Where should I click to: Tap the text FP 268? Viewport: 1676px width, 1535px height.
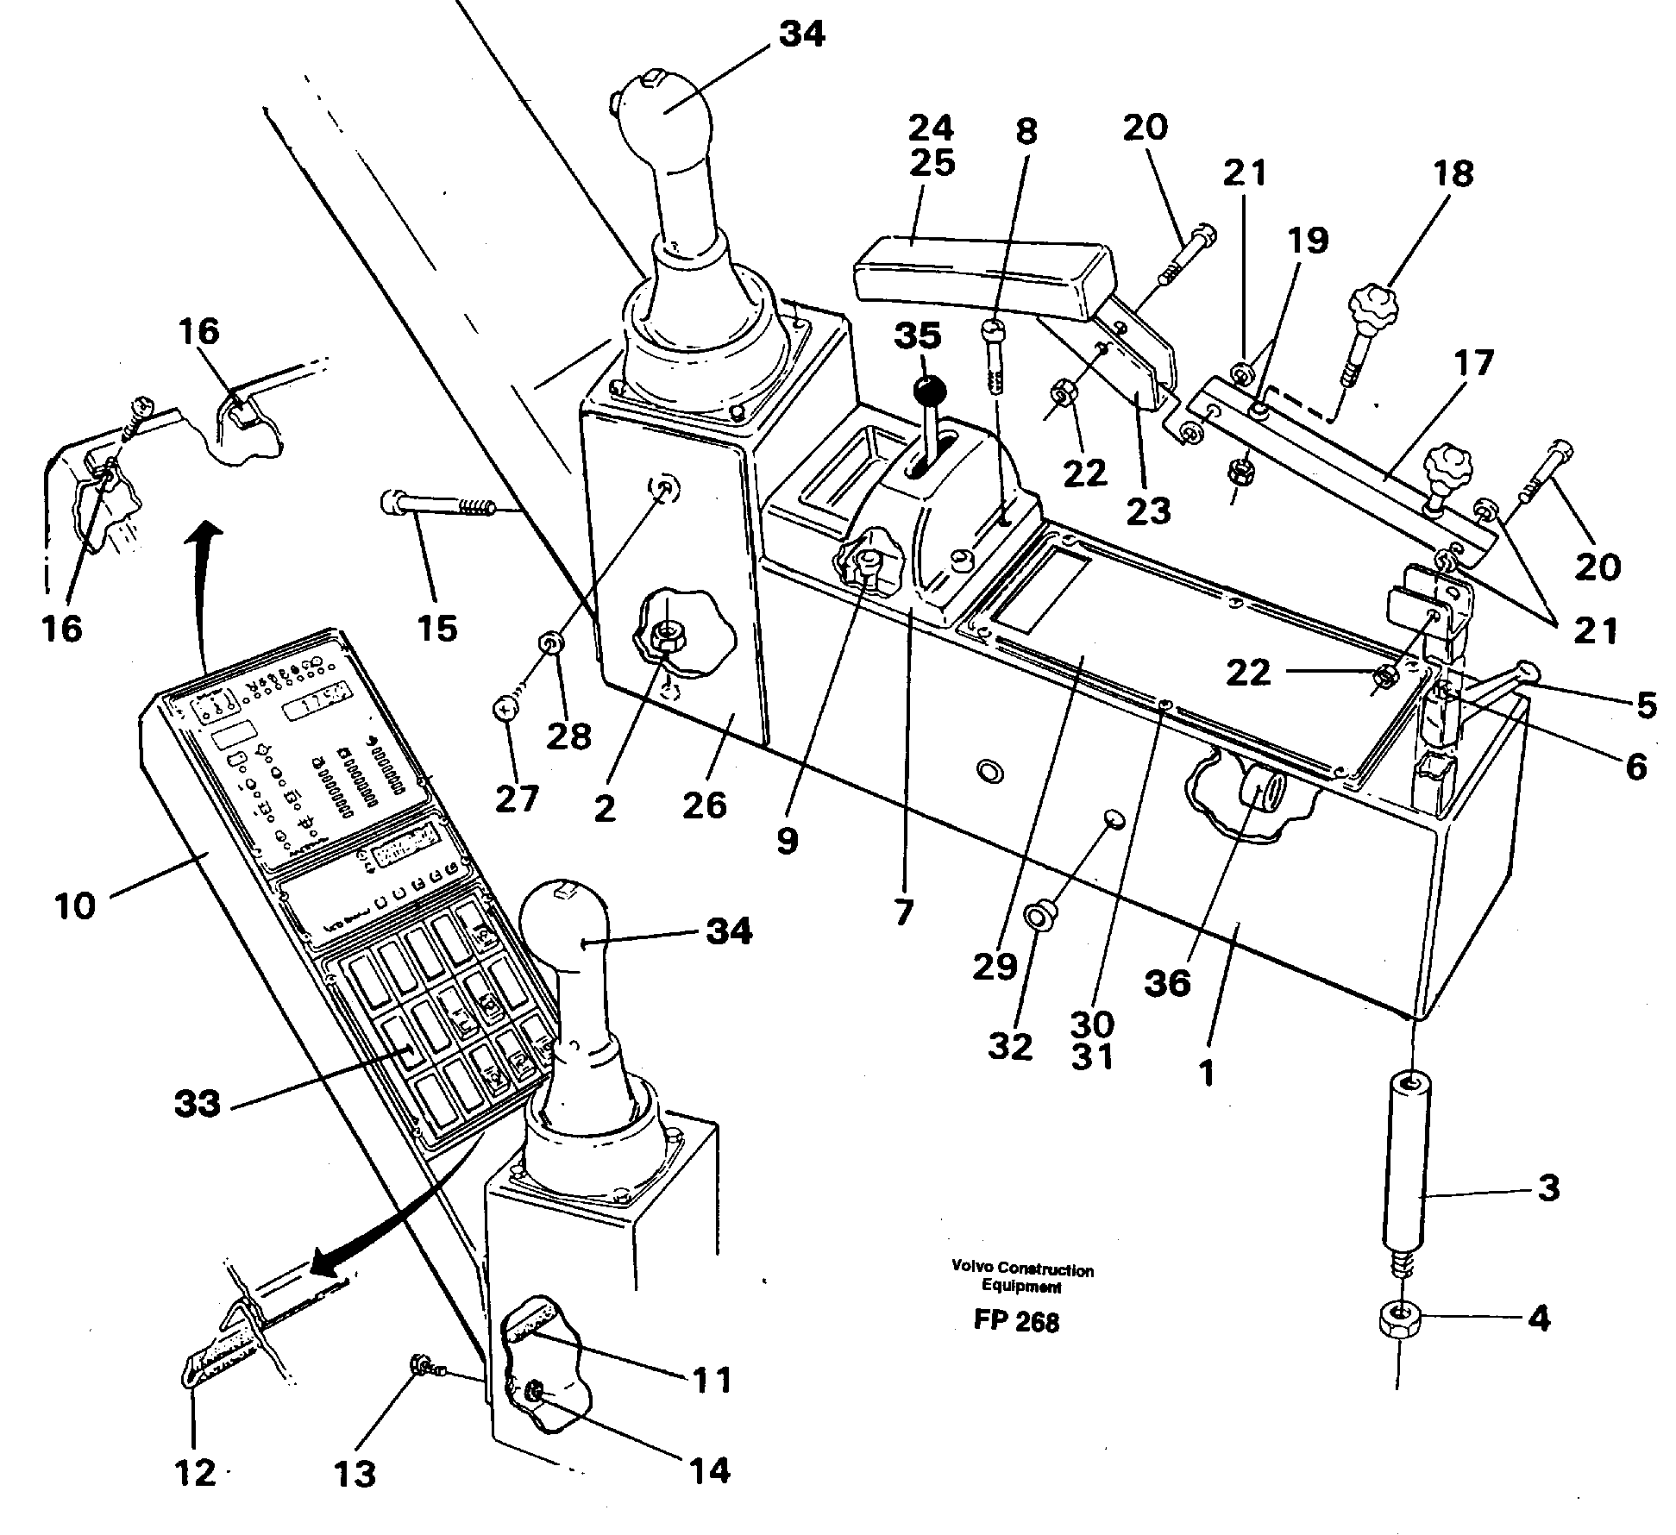tap(1016, 1322)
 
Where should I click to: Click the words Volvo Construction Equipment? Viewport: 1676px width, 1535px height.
tap(1022, 1278)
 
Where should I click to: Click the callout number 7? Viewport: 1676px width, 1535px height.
tap(902, 911)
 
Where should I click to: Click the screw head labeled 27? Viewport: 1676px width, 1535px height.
tap(504, 709)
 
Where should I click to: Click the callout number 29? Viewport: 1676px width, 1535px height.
tap(995, 966)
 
